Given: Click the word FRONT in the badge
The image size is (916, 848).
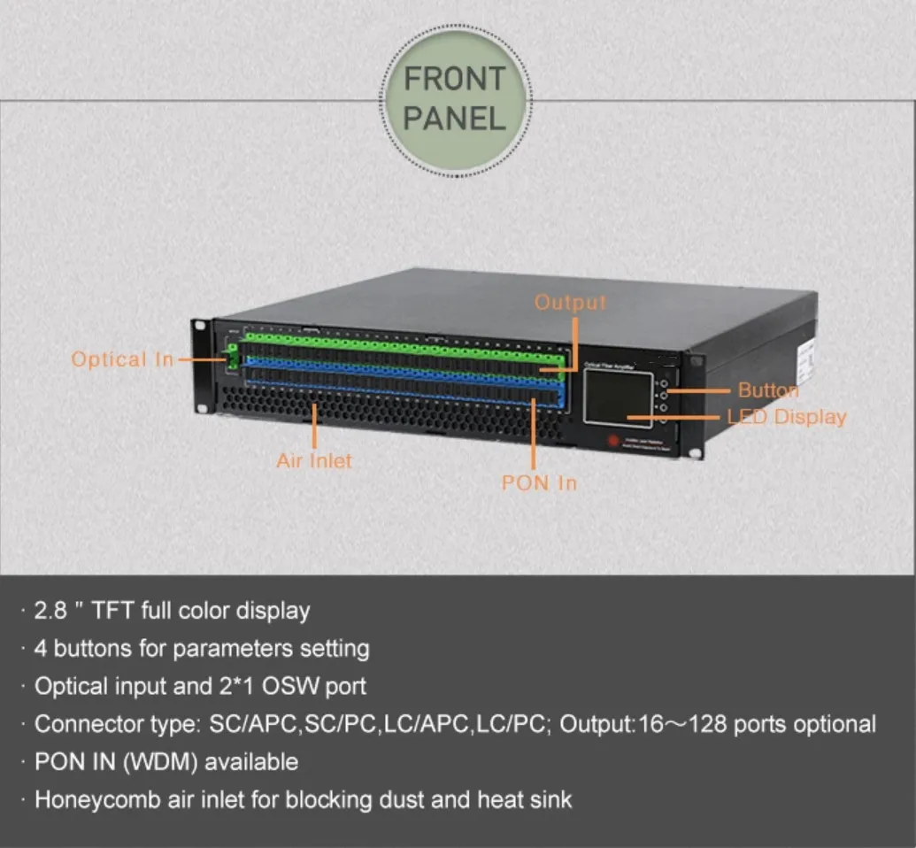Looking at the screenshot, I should [455, 79].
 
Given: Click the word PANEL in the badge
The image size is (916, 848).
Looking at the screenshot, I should [455, 119].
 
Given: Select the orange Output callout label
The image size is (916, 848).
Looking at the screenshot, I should [571, 302].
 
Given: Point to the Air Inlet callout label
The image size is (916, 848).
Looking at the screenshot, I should [314, 460].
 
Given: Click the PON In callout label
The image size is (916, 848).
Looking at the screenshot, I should [539, 482].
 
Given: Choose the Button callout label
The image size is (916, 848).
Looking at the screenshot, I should [767, 389].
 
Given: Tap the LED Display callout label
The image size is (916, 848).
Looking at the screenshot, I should [786, 416].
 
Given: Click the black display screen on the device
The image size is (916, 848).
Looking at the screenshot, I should [619, 397].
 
